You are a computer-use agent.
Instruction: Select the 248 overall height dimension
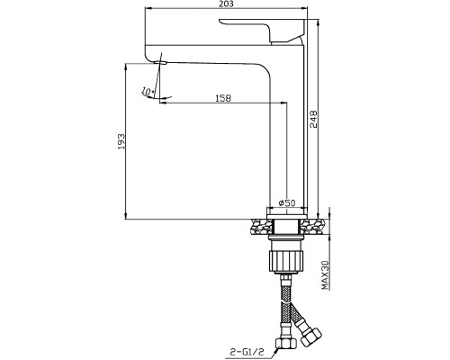click(313, 119)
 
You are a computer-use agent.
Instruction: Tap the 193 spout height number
click(121, 141)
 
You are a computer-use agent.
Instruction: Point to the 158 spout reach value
click(223, 98)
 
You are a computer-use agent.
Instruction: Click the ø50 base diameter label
click(287, 203)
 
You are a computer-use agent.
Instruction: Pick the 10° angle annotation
click(148, 91)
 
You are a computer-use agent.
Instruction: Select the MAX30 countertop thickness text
click(326, 275)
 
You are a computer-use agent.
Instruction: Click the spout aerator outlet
click(160, 63)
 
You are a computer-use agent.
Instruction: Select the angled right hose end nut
click(310, 336)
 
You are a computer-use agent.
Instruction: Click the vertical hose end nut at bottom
click(285, 342)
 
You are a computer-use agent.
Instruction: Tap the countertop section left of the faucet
click(260, 227)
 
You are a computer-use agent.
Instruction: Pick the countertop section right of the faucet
click(314, 227)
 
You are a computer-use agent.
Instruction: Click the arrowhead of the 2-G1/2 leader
click(276, 349)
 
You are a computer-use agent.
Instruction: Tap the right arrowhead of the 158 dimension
click(283, 103)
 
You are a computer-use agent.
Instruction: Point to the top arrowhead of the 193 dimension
click(126, 67)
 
